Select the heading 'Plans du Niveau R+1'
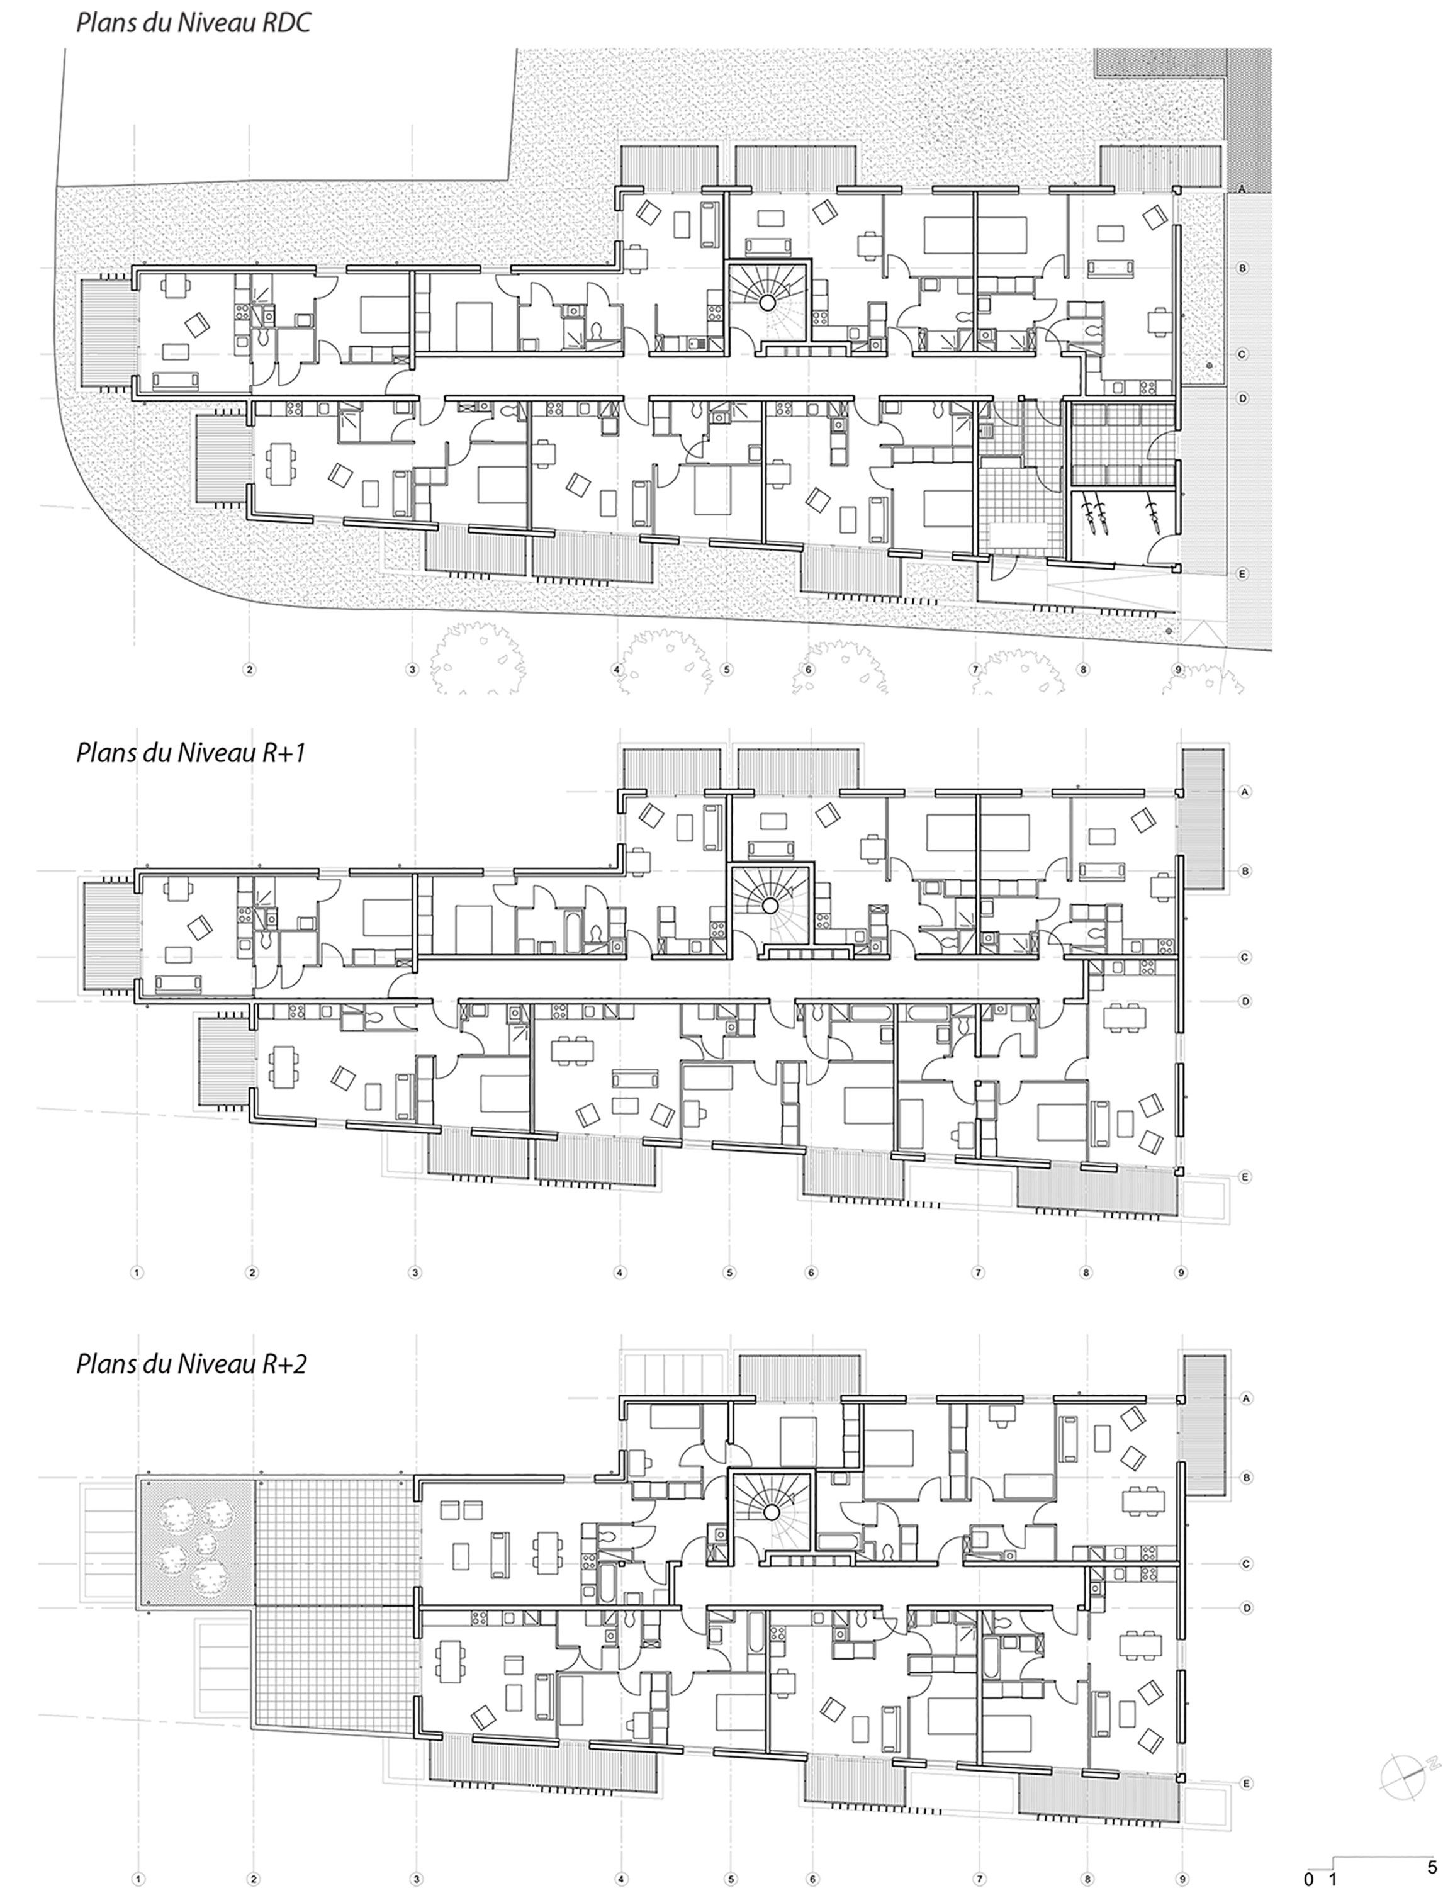191,753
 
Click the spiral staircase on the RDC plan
769,301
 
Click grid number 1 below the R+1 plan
137,1272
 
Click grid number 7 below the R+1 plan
977,1272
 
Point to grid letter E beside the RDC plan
1241,573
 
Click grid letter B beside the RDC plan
1241,268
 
